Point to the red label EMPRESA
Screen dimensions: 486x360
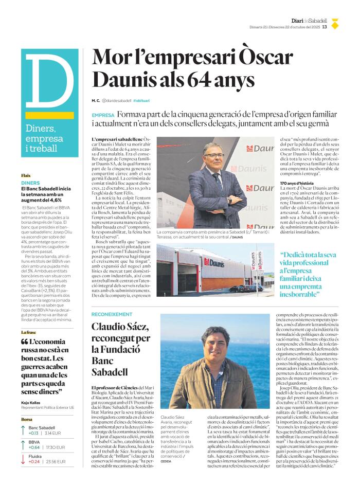click(x=103, y=116)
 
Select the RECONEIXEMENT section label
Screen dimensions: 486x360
click(x=112, y=314)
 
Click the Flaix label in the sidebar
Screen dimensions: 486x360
click(x=26, y=175)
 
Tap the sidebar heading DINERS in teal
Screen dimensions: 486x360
click(x=30, y=183)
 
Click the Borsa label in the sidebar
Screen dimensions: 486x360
click(x=26, y=420)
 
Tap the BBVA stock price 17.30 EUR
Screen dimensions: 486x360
click(x=56, y=447)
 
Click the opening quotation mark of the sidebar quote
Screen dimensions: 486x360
click(x=25, y=342)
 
